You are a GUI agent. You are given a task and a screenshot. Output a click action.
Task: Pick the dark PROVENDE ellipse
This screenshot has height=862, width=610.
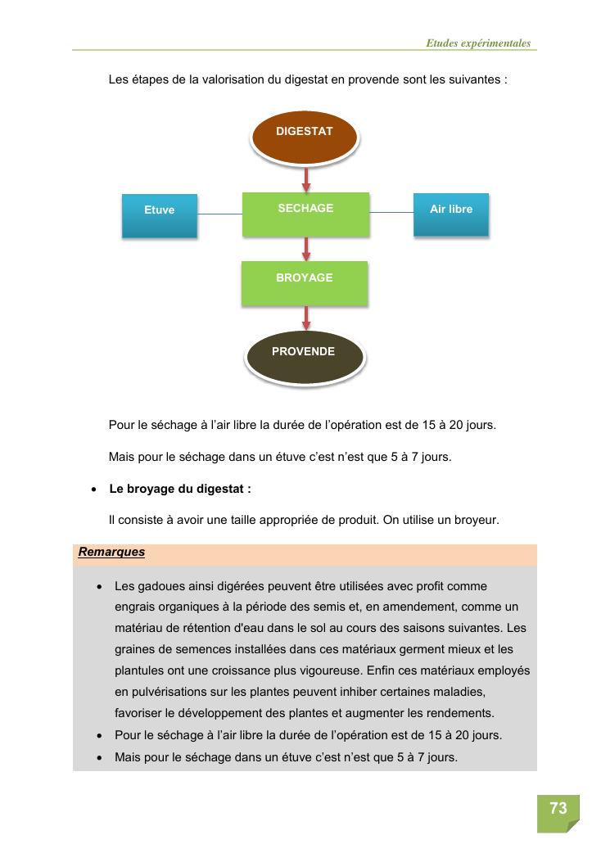(x=304, y=356)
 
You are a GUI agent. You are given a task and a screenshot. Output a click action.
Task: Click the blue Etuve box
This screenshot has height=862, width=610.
(x=160, y=215)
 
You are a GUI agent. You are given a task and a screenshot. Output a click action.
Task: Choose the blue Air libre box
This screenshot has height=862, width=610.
(x=450, y=214)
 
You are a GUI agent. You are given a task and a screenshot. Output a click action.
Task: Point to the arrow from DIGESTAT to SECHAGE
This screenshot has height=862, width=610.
(x=306, y=179)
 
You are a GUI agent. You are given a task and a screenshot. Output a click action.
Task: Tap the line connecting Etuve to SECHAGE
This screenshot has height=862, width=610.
(x=220, y=214)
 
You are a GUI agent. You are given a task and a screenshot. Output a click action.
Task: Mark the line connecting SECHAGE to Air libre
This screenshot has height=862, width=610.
(x=391, y=213)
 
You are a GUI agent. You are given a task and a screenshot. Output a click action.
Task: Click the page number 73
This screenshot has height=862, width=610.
(x=558, y=809)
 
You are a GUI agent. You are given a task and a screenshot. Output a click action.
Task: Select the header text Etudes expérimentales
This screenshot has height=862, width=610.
(x=478, y=43)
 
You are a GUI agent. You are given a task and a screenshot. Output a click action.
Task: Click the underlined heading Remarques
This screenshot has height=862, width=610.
(x=111, y=552)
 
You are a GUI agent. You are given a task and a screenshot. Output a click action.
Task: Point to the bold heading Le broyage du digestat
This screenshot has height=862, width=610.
(x=180, y=489)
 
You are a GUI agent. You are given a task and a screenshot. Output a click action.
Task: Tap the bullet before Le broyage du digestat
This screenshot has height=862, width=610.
(x=94, y=490)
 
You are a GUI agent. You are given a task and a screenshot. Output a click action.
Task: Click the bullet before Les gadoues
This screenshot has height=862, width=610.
(x=99, y=587)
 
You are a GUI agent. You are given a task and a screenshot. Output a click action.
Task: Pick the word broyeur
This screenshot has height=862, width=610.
(x=477, y=520)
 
